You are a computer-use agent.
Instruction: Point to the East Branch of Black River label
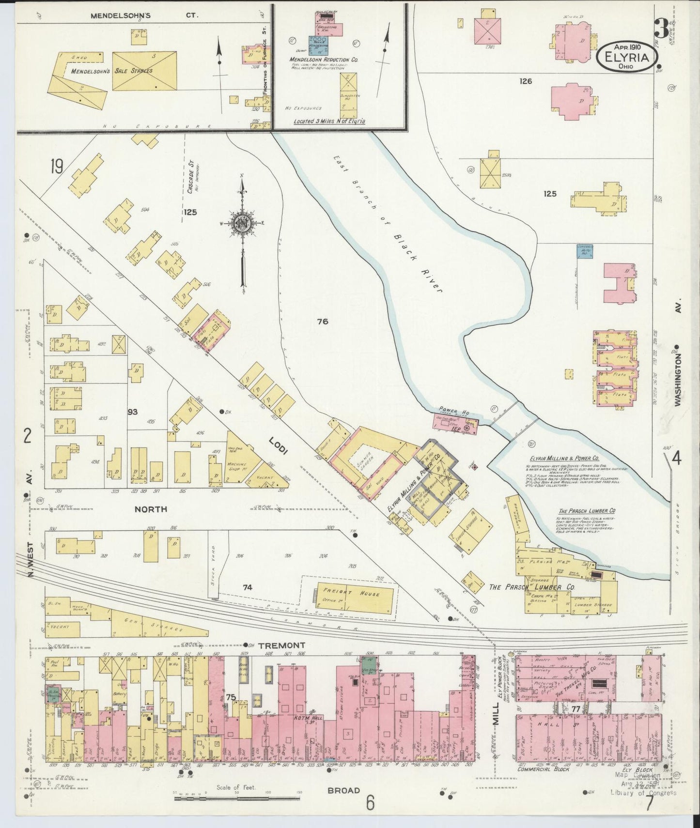388,224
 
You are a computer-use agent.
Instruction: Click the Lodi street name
279,445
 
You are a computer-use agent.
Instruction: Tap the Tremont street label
281,645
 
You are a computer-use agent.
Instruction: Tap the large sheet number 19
56,168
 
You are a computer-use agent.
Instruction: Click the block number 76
323,321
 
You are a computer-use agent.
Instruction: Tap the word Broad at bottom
343,790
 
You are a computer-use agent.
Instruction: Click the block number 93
132,412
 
